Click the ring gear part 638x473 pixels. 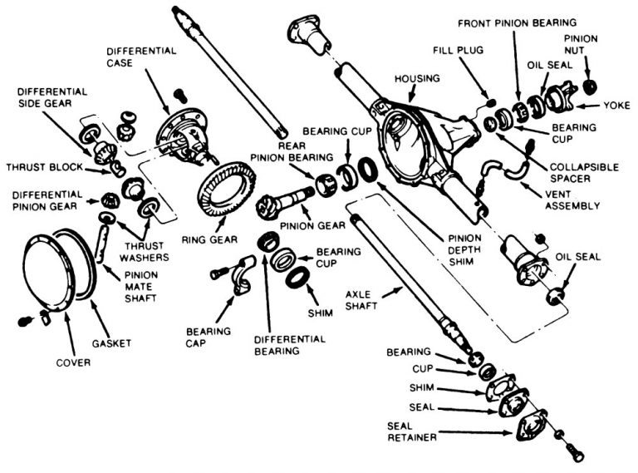(x=226, y=190)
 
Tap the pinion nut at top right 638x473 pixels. (x=591, y=86)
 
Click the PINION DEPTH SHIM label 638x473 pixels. (x=445, y=248)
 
